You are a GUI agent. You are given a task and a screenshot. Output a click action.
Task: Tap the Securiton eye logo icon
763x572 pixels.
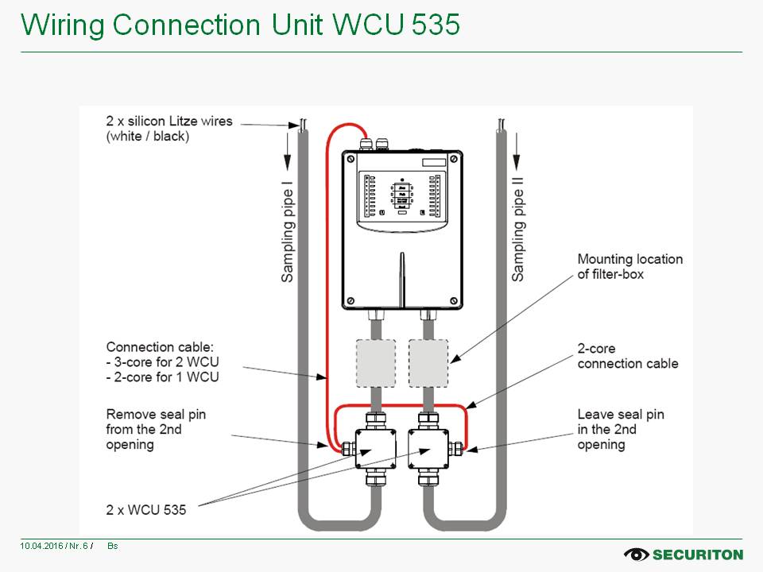637,554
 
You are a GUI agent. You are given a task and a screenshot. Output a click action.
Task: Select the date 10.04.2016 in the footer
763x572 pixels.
38,546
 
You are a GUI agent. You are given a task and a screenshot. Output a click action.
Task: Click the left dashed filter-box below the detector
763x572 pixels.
374,363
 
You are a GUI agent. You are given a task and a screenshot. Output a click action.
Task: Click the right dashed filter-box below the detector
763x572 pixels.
428,363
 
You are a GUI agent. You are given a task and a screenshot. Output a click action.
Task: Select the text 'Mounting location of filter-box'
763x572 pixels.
629,266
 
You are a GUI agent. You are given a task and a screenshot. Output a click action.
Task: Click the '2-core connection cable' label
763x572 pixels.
628,356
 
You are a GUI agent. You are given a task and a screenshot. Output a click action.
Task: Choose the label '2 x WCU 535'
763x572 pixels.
146,509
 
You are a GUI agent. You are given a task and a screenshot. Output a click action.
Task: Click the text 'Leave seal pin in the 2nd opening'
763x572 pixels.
621,429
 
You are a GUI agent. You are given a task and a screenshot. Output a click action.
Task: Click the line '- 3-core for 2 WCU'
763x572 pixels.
163,362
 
